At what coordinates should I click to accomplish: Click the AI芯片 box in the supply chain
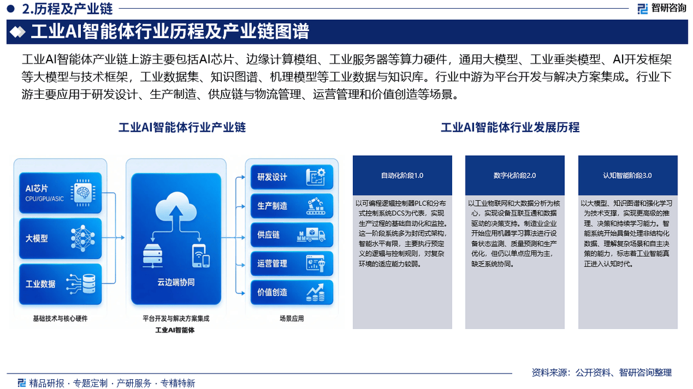60,193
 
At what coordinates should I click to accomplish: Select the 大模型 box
60,238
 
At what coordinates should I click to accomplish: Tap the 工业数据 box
60,283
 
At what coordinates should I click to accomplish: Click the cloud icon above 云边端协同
176,205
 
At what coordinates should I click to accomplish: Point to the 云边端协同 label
176,282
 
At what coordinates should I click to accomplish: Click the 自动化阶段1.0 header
402,175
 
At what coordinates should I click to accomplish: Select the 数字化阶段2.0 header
515,175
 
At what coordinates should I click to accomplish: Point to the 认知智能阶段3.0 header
628,175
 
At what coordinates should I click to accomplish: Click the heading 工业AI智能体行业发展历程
510,128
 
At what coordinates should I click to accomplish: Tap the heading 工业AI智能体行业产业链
182,128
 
